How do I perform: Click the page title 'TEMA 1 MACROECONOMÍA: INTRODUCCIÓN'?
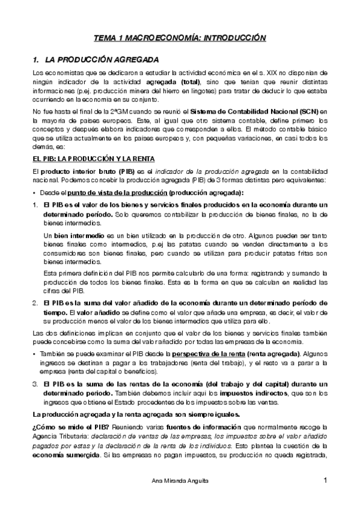[x=180, y=37]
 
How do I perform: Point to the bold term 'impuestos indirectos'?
[x=229, y=393]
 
